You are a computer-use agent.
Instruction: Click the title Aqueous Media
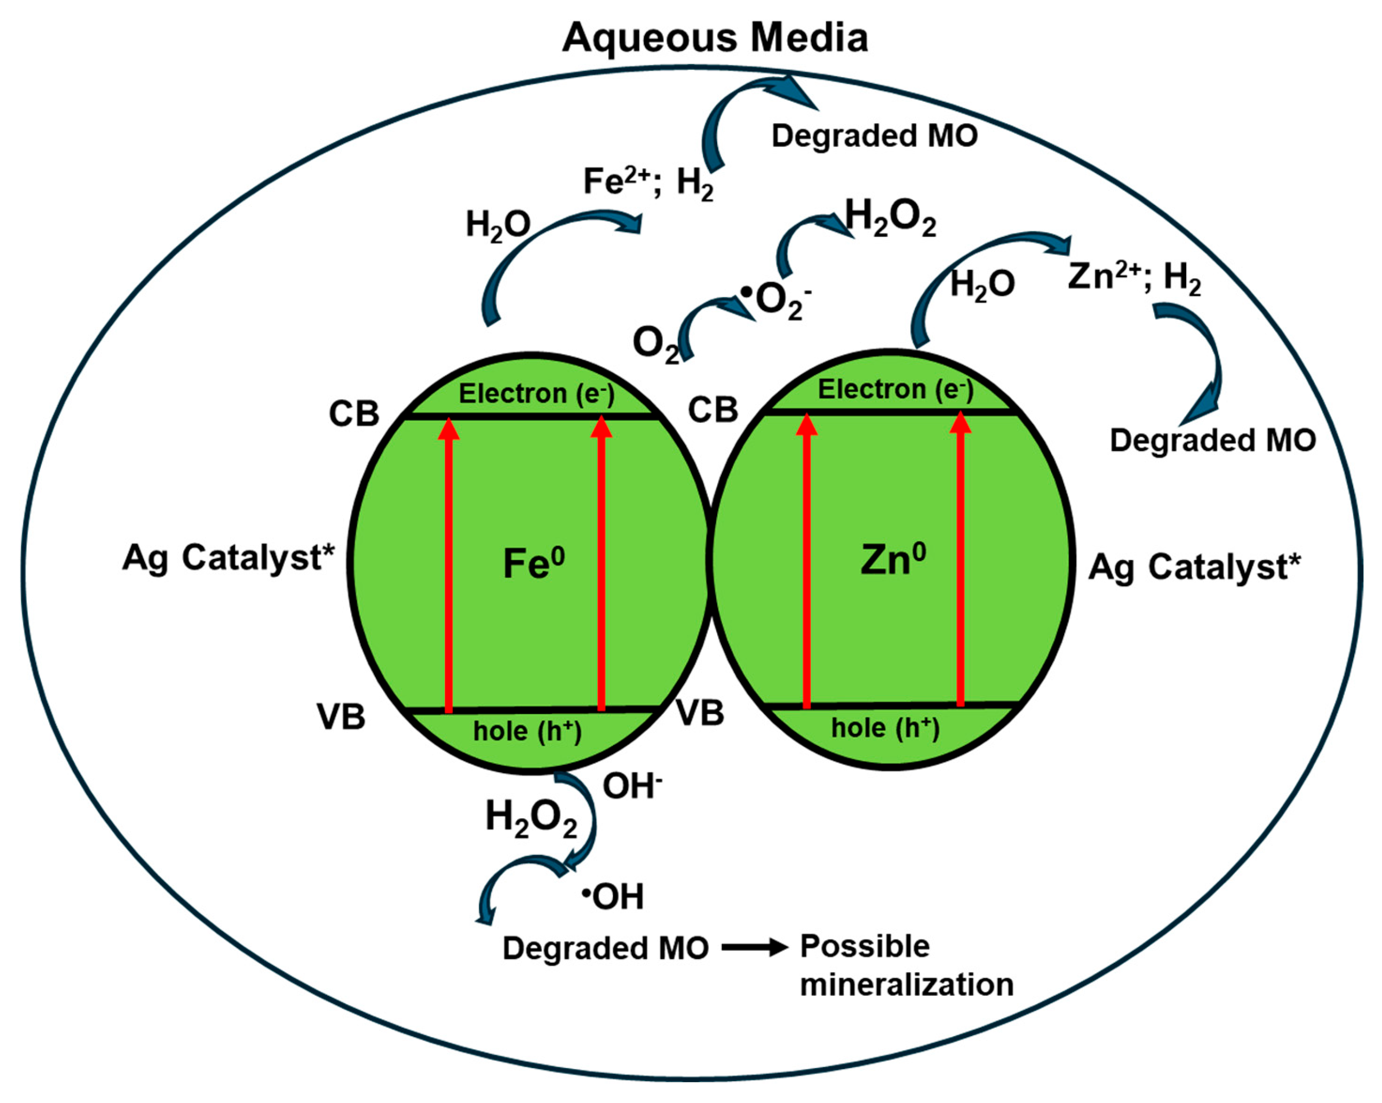tap(715, 38)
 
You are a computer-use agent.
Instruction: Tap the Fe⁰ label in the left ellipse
tap(533, 563)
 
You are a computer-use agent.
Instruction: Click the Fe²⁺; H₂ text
tap(647, 182)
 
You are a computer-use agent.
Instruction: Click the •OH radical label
tap(613, 896)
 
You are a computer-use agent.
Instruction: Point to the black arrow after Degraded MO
tap(755, 947)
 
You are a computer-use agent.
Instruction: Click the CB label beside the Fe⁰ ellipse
tap(354, 414)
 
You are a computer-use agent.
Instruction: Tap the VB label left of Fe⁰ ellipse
tap(341, 717)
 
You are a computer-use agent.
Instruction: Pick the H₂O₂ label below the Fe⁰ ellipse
tap(531, 819)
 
